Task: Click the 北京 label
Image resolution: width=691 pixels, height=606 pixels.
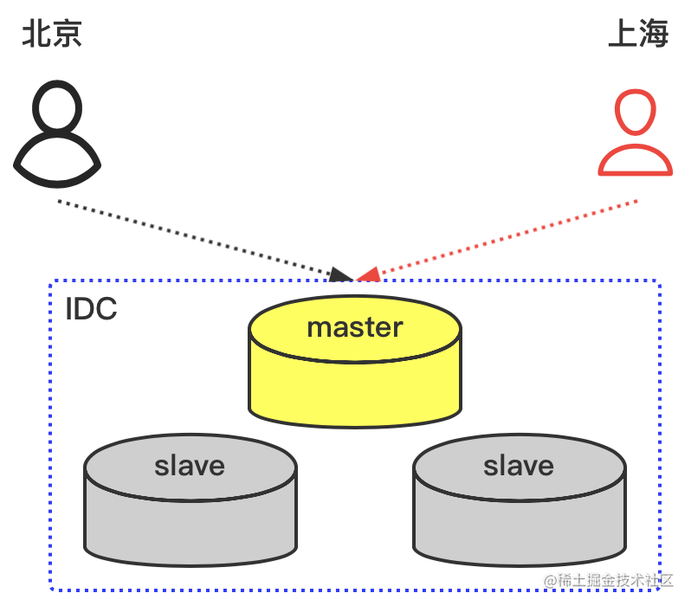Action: pyautogui.click(x=52, y=35)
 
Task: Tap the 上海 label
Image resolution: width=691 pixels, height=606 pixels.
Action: pyautogui.click(x=638, y=35)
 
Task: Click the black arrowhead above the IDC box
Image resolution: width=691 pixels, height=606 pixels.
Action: pyautogui.click(x=342, y=275)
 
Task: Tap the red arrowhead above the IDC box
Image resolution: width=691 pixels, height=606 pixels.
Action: pyautogui.click(x=369, y=275)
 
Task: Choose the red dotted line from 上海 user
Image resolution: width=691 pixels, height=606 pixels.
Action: pyautogui.click(x=511, y=237)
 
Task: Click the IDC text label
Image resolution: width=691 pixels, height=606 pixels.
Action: pyautogui.click(x=91, y=309)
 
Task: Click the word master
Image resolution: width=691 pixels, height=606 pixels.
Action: pyautogui.click(x=355, y=328)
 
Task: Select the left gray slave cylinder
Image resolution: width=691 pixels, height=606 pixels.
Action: pyautogui.click(x=191, y=511)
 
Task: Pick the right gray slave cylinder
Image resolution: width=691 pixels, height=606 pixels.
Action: pyautogui.click(x=519, y=511)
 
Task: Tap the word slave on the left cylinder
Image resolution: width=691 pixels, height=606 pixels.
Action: pyautogui.click(x=190, y=466)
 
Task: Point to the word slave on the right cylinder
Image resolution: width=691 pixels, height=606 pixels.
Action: pyautogui.click(x=519, y=466)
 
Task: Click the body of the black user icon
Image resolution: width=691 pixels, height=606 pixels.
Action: pyautogui.click(x=57, y=164)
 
